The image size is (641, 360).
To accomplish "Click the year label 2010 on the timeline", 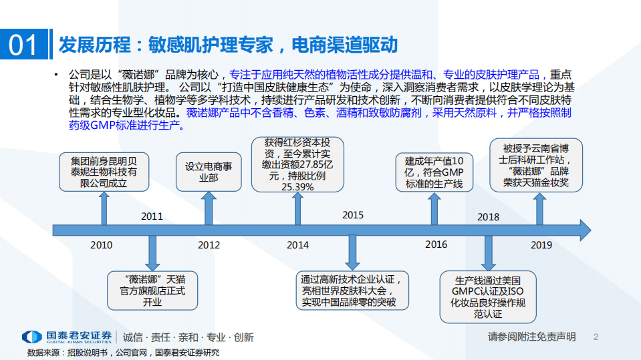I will [102, 245].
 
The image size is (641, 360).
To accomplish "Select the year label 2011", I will [152, 216].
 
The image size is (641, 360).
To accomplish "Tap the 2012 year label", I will [209, 245].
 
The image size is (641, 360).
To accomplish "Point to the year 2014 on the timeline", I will [298, 245].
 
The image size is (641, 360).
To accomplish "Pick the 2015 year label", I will [353, 215].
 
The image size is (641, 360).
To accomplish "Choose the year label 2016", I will [436, 245].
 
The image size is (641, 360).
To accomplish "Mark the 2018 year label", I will [489, 216].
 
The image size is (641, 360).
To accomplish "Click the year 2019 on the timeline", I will [541, 245].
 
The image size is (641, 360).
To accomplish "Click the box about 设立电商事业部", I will [209, 172].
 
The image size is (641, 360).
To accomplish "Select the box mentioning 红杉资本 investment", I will [297, 164].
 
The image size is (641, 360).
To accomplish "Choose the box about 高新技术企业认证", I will [354, 291].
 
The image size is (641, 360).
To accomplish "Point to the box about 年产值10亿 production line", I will [434, 172].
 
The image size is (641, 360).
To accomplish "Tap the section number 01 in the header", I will [24, 45].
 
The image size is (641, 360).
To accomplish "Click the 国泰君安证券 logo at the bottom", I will [66, 337].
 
